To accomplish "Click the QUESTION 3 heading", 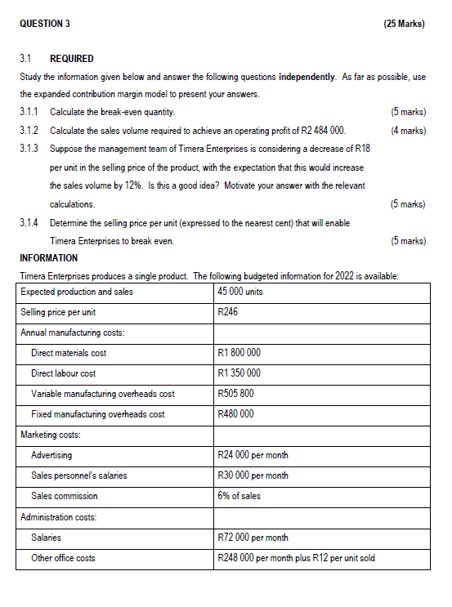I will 44,23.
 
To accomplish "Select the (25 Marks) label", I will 403,23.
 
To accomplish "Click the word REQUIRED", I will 72,59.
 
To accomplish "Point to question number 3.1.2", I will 30,131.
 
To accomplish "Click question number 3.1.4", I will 30,222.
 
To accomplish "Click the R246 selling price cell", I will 228,312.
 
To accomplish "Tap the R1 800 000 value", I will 239,353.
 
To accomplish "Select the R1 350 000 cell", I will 239,373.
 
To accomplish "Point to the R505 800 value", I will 235,394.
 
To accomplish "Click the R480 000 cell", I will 235,414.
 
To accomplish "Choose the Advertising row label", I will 51,455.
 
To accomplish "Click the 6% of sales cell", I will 239,496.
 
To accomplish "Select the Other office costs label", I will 63,558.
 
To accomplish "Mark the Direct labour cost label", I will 63,373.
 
